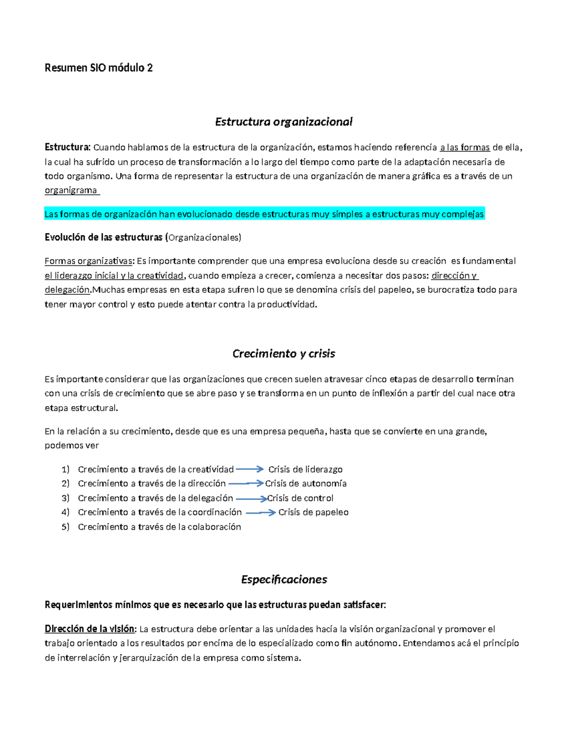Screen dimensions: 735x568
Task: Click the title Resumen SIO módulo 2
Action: pos(98,68)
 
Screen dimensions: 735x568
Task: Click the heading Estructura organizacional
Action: pos(284,122)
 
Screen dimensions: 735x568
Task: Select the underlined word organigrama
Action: pos(71,190)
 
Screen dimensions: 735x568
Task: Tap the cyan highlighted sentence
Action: pos(264,214)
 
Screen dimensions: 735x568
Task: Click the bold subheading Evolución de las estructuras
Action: pos(103,237)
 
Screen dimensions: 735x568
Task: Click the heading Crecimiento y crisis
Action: pos(284,354)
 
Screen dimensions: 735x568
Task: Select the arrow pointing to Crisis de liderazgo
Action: pos(249,469)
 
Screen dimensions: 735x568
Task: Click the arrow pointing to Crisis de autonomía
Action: pos(245,483)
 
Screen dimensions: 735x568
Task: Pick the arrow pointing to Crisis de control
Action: pos(251,498)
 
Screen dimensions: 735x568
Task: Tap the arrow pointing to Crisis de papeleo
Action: pos(260,513)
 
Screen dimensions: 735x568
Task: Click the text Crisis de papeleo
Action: pos(313,512)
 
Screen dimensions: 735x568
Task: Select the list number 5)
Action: pos(65,527)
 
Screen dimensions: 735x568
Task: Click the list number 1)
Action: pos(65,469)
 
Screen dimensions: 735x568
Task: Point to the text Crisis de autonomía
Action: pos(306,483)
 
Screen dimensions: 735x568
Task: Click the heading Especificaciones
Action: pos(284,579)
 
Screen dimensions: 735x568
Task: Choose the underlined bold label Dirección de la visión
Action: pos(90,629)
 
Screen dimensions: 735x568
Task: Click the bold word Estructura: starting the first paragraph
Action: pos(67,147)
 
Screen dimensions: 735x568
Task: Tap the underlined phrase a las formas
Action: pos(464,147)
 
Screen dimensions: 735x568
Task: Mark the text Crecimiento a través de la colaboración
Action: pos(160,527)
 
